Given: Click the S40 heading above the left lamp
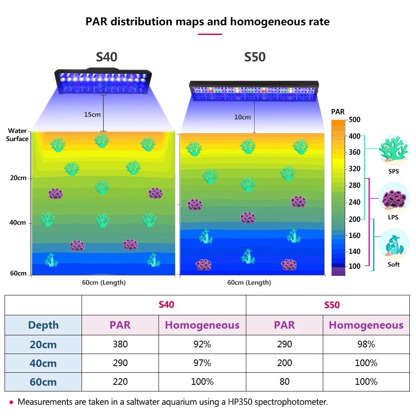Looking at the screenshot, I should [107, 57].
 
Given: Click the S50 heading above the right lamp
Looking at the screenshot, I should [255, 57].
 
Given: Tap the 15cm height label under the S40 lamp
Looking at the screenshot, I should [92, 114].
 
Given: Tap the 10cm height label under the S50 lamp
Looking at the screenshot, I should [243, 117].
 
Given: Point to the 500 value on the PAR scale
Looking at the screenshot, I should [355, 120].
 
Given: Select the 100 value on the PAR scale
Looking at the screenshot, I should [355, 266].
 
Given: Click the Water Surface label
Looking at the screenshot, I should [17, 135].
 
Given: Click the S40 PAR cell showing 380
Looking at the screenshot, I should [120, 344].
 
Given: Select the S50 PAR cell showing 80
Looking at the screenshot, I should [285, 381].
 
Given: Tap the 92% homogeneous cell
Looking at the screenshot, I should [202, 344].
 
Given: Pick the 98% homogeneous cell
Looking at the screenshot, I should [366, 344].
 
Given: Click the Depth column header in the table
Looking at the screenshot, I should [43, 325].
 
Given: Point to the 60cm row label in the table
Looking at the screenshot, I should [43, 382].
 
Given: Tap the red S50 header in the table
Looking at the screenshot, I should [332, 305].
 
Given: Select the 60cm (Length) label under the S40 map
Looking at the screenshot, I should [104, 282].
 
